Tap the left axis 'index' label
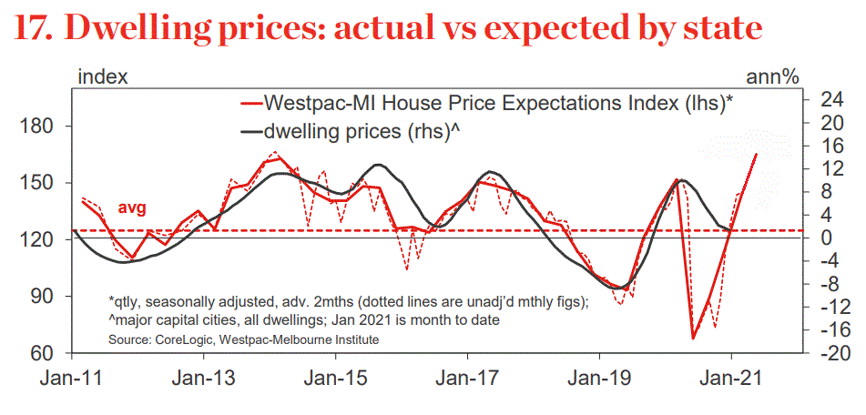tap(103, 76)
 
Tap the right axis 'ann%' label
tap(773, 76)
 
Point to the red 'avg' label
tap(132, 207)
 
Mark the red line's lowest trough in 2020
tap(693, 339)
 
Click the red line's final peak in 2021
tap(756, 155)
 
